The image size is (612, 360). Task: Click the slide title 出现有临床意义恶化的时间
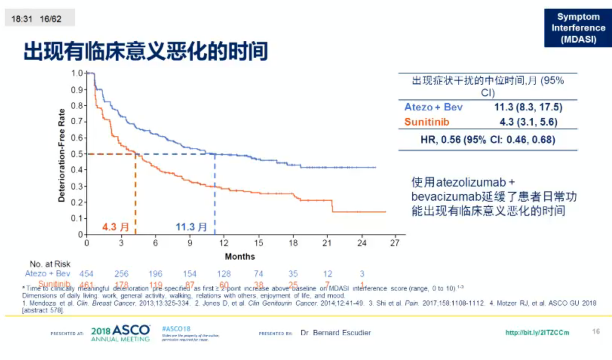pyautogui.click(x=146, y=51)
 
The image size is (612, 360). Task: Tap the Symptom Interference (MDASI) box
pyautogui.click(x=578, y=28)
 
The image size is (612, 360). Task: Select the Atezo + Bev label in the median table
pyautogui.click(x=433, y=107)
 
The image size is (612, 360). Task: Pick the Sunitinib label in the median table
pyautogui.click(x=426, y=122)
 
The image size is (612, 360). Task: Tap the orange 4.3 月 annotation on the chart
pyautogui.click(x=116, y=227)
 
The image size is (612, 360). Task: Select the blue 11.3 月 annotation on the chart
pyautogui.click(x=191, y=227)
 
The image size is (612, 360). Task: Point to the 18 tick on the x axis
pyautogui.click(x=293, y=243)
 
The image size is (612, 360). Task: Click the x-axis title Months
pyautogui.click(x=240, y=257)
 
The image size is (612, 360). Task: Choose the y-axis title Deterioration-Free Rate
pyautogui.click(x=62, y=155)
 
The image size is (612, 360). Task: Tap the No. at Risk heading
pyautogui.click(x=50, y=264)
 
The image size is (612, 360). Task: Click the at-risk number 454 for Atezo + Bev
pyautogui.click(x=86, y=274)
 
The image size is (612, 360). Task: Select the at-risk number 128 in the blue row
pyautogui.click(x=224, y=274)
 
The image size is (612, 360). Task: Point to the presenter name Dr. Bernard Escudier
pyautogui.click(x=336, y=333)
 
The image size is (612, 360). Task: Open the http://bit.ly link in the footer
pyautogui.click(x=537, y=332)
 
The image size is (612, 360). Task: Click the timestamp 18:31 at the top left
pyautogui.click(x=22, y=19)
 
